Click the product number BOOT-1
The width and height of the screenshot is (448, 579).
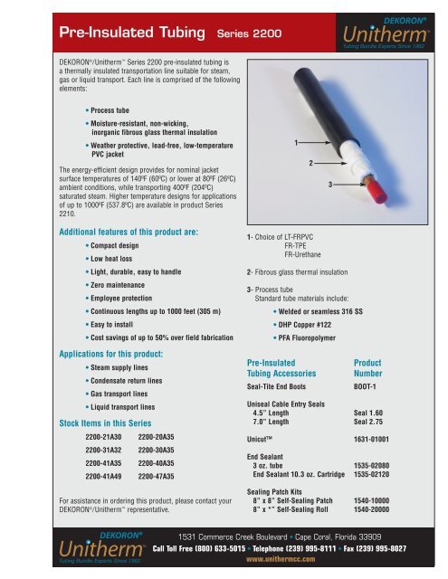[368, 384]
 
